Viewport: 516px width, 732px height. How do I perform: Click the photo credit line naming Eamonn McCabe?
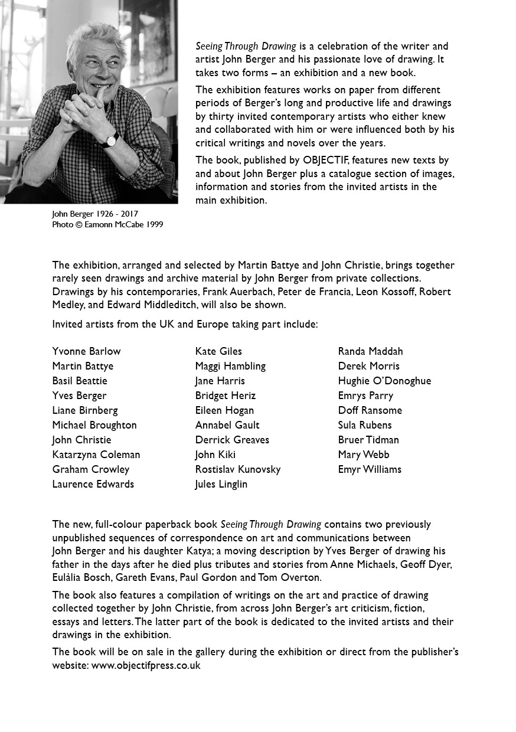pos(107,224)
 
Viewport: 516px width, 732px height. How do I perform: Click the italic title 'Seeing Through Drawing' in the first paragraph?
pos(246,46)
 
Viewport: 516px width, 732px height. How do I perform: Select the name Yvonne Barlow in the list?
pos(86,351)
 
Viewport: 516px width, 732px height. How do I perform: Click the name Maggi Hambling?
pos(230,366)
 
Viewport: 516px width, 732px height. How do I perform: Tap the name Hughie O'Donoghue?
pos(384,381)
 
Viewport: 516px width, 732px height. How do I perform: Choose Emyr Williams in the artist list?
pos(370,469)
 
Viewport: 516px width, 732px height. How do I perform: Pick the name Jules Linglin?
pos(221,484)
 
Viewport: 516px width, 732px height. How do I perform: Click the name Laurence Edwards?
pos(93,484)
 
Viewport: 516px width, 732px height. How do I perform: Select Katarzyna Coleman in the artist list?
pos(96,455)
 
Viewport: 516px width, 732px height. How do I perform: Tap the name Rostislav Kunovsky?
pos(237,469)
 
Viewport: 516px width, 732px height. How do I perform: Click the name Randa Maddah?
pos(370,351)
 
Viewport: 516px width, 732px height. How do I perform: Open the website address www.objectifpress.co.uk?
pos(146,665)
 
